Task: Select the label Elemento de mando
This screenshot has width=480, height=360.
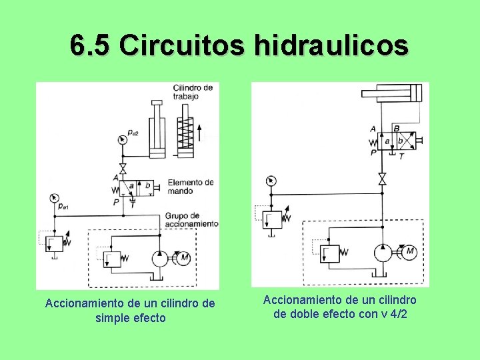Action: pyautogui.click(x=190, y=187)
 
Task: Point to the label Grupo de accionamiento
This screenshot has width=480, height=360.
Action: pyautogui.click(x=192, y=219)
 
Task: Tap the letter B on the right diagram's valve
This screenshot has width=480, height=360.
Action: pyautogui.click(x=397, y=129)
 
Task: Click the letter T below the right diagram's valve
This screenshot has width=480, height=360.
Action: pyautogui.click(x=400, y=155)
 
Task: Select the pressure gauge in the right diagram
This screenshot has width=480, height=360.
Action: pyautogui.click(x=270, y=181)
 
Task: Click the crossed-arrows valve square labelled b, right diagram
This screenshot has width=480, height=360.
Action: pyautogui.click(x=402, y=141)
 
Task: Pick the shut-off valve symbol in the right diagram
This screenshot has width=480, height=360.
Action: pyautogui.click(x=382, y=179)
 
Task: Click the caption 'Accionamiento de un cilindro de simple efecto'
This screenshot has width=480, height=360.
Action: pyautogui.click(x=130, y=311)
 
